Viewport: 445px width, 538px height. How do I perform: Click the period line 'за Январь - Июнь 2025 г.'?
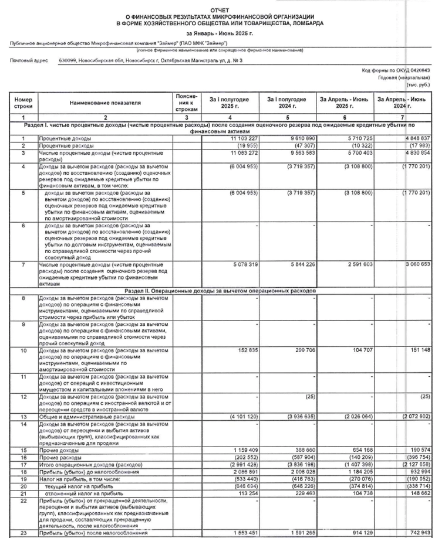pyautogui.click(x=223, y=34)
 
